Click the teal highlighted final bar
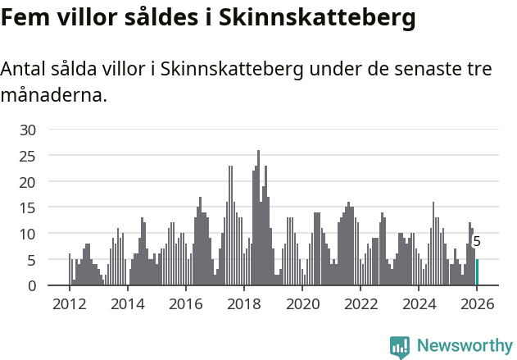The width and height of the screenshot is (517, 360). [x=478, y=272]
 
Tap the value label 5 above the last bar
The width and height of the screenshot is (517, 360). [x=477, y=242]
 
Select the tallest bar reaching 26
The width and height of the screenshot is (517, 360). [x=259, y=218]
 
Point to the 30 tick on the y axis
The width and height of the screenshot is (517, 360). [x=28, y=130]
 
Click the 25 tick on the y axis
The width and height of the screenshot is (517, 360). [x=28, y=156]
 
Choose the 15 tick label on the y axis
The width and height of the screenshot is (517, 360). [x=28, y=207]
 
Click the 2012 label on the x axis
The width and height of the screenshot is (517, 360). [x=69, y=304]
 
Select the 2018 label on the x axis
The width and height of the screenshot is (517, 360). [x=244, y=304]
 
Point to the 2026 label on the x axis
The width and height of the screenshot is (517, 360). [x=477, y=304]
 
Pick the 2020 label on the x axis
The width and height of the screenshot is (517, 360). [x=302, y=304]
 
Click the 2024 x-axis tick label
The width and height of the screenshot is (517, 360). [x=419, y=304]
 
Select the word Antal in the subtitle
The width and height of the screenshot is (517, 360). [x=24, y=70]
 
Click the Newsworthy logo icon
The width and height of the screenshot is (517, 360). [x=400, y=347]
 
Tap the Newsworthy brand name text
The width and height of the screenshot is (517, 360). [x=465, y=346]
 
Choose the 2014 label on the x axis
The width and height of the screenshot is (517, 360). [x=127, y=304]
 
